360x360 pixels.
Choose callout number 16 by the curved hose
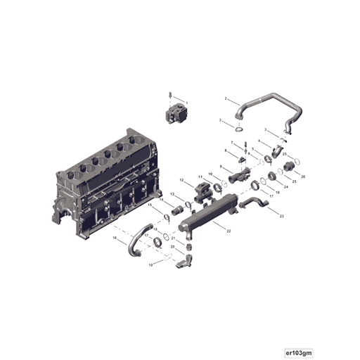[x=114, y=238]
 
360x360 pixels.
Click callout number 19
[x=150, y=266]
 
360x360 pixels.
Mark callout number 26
[x=303, y=176]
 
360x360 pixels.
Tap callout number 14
[x=161, y=200]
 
